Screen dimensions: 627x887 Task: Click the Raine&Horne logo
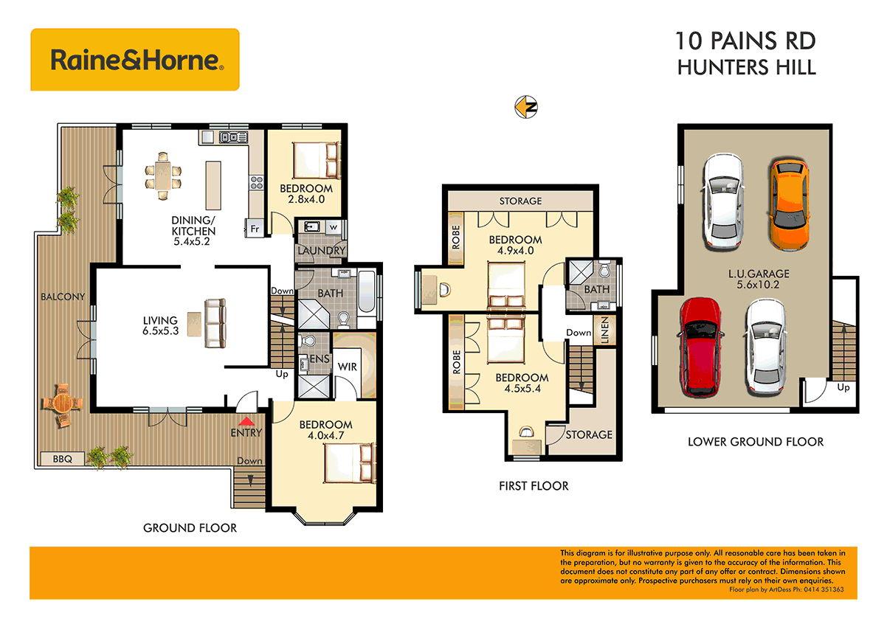(135, 60)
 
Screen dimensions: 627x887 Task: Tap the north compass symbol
(525, 107)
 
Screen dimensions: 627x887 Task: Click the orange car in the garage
(789, 202)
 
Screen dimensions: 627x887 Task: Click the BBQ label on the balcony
(63, 458)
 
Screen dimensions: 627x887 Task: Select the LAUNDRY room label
(321, 251)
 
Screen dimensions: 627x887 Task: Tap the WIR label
(347, 367)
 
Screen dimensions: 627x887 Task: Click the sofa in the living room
(215, 323)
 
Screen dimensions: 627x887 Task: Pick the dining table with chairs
(163, 176)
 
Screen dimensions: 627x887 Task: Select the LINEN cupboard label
(604, 329)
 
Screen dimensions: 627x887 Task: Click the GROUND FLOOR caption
(190, 527)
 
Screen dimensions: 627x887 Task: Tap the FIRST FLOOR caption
(533, 485)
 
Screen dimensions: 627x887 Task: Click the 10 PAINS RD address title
(746, 41)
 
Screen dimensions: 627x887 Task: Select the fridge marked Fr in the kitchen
(254, 229)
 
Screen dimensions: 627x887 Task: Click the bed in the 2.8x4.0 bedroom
(317, 158)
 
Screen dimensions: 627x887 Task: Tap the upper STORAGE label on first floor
(520, 201)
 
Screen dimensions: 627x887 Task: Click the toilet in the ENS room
(308, 342)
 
